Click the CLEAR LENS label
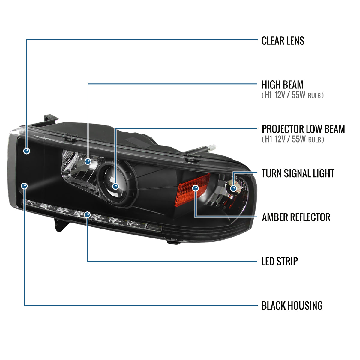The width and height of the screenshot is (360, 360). (283, 40)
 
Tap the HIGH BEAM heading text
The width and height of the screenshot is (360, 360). (282, 85)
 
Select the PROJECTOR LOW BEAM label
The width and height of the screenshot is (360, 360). (303, 129)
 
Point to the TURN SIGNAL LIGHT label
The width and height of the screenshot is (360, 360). (298, 173)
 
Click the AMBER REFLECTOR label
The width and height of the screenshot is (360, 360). (296, 217)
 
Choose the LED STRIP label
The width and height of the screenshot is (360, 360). (280, 261)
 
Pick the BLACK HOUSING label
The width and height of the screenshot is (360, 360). (292, 306)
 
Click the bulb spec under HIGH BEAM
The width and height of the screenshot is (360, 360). (292, 95)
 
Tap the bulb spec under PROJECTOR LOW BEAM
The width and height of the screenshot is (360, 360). (293, 139)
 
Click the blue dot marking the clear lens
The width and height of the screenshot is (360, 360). (27, 151)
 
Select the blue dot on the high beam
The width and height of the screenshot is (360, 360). (88, 161)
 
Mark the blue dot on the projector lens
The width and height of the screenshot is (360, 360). (115, 186)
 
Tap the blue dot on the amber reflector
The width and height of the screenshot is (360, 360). (195, 188)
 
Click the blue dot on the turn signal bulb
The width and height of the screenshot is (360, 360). (233, 188)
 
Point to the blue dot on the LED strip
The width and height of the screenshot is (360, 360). (87, 215)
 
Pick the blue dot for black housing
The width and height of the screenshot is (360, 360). (25, 186)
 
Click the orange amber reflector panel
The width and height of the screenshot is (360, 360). (192, 190)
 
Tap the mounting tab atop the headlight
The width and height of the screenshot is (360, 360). (50, 118)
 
